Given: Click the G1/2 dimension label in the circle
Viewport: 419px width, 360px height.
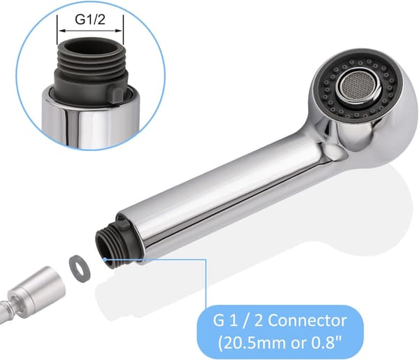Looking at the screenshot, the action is click(90, 20).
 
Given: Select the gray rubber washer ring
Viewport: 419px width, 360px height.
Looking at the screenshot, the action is click(80, 266).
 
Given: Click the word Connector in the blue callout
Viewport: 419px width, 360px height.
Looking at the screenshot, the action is click(307, 320).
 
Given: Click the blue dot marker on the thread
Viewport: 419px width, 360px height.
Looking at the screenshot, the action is click(105, 259).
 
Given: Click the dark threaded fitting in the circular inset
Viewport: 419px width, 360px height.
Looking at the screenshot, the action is click(90, 69).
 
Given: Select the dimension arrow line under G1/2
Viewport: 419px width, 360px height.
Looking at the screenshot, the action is click(90, 31).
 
